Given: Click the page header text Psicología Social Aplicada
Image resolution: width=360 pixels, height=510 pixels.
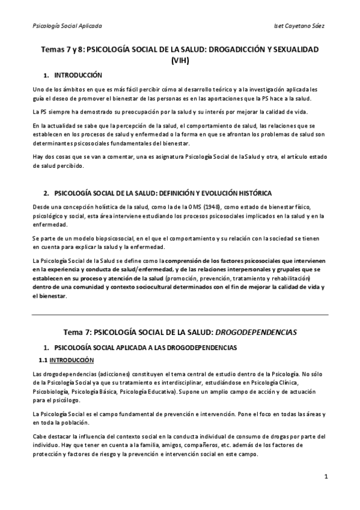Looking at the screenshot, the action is click(67, 26).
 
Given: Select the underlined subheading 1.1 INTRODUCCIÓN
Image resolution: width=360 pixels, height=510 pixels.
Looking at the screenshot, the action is click(66, 360).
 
